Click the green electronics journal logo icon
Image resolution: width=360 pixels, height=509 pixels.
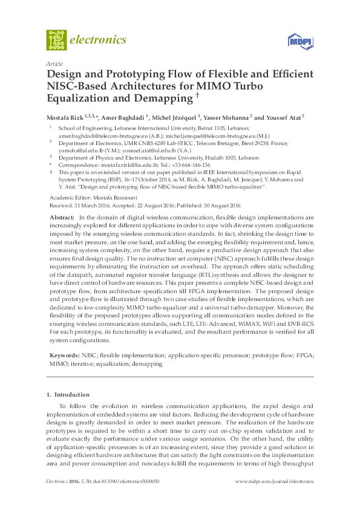(56, 40)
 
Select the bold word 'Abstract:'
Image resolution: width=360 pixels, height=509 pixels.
(61, 217)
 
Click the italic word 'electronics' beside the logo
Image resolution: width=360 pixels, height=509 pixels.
(99, 40)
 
